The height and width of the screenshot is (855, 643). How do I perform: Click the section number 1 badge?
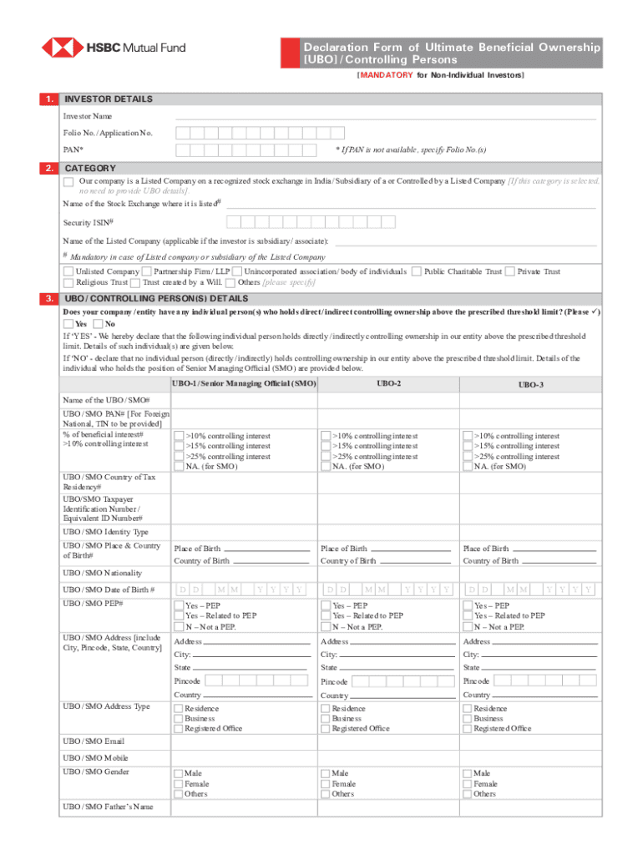(x=49, y=99)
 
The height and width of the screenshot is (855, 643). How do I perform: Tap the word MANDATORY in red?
(x=386, y=76)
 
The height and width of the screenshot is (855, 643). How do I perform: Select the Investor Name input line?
(x=385, y=116)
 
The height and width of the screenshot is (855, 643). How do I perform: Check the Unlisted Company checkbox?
(x=68, y=272)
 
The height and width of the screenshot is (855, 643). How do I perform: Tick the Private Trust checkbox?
(x=511, y=272)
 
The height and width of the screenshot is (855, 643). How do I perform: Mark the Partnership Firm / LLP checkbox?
(x=147, y=272)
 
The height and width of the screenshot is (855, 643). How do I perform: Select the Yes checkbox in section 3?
(x=68, y=324)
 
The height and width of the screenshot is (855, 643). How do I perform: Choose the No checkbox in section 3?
(x=98, y=324)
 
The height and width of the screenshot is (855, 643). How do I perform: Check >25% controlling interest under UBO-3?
(x=468, y=457)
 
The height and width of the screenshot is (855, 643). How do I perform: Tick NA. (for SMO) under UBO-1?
(x=179, y=468)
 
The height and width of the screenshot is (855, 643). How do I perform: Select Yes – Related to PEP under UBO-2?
(x=327, y=616)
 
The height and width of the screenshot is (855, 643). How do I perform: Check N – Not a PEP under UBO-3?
(x=468, y=627)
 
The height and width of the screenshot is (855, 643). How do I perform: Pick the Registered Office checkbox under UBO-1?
(x=179, y=729)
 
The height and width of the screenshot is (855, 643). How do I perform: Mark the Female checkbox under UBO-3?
(x=468, y=784)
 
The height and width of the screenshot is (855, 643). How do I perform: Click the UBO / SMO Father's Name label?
(x=108, y=807)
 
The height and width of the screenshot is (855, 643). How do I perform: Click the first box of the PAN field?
(x=181, y=150)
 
